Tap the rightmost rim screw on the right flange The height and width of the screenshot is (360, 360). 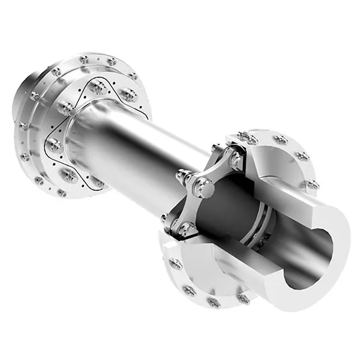tap(313, 184)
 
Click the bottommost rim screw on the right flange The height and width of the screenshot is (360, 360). tap(214, 301)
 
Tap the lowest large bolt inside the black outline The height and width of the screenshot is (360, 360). tap(68, 175)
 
